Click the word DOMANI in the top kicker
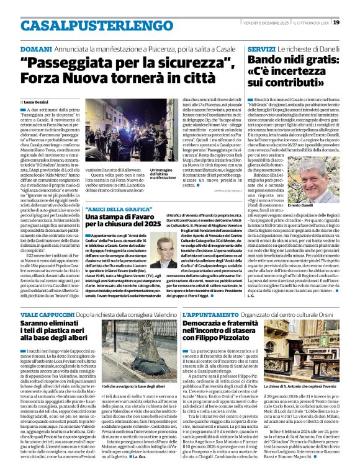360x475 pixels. (35, 48)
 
